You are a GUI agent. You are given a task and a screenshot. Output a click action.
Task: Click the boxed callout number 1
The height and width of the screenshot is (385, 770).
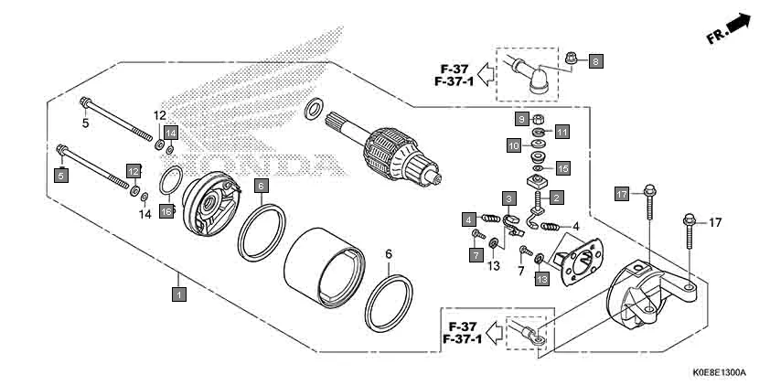pos(179,294)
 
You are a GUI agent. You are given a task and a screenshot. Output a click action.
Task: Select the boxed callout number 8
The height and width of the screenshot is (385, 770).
pos(596,62)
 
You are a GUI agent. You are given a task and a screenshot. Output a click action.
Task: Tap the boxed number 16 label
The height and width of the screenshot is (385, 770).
pos(166,211)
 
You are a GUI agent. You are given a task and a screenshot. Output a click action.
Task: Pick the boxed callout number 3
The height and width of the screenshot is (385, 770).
pos(507,198)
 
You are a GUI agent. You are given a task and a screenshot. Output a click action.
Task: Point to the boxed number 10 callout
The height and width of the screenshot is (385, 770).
pos(514,144)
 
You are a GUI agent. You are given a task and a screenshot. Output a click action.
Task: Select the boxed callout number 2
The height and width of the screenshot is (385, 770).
pos(555,196)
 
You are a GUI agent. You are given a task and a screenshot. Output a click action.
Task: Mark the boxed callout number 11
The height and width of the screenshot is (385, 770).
pos(562,132)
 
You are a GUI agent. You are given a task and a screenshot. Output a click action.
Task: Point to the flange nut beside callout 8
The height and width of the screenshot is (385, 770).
pos(569,58)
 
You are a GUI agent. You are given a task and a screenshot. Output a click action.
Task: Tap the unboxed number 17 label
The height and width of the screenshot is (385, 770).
pos(715,222)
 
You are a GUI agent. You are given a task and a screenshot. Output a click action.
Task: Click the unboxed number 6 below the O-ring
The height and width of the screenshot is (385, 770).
pos(388,253)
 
